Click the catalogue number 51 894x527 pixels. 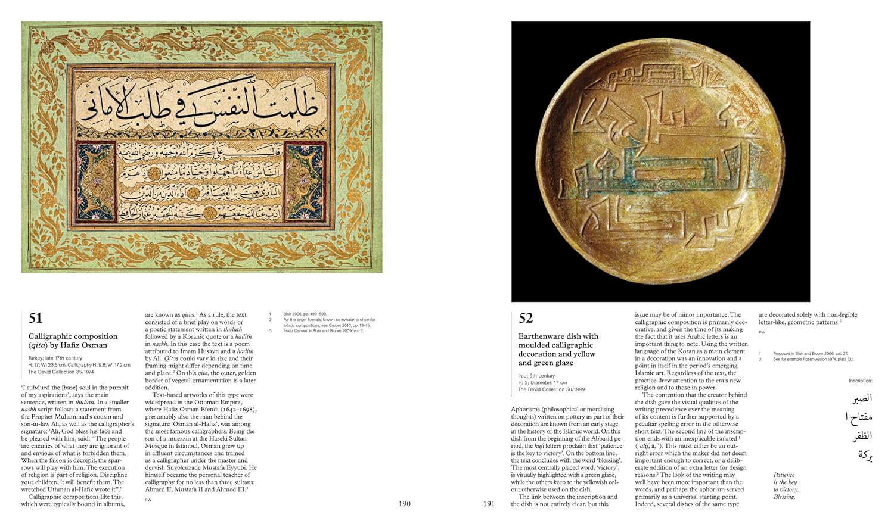[35, 319]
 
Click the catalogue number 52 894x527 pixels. [526, 319]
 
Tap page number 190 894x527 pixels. [404, 504]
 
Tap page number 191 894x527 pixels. [489, 504]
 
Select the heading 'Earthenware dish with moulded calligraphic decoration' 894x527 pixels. [558, 350]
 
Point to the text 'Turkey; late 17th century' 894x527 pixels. [55, 358]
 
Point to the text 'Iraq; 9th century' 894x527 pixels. [536, 376]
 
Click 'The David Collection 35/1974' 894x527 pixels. [61, 372]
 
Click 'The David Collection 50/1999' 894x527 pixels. [551, 389]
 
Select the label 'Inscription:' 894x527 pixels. [860, 381]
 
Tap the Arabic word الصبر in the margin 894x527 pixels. [861, 398]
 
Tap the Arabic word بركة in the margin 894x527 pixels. [865, 455]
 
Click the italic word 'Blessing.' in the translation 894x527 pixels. [784, 497]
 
